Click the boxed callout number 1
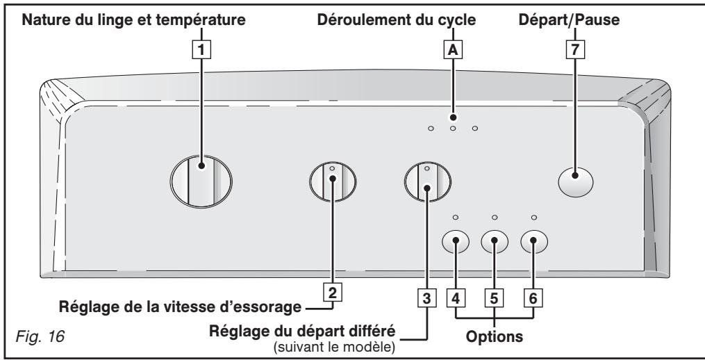(x=201, y=50)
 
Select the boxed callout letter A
(x=453, y=50)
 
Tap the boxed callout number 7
(x=575, y=50)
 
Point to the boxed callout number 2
(x=332, y=293)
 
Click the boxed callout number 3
(x=426, y=298)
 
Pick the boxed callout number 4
(x=456, y=298)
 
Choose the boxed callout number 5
(x=494, y=298)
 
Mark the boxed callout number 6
(x=533, y=298)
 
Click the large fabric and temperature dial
(x=201, y=181)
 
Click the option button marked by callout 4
(x=456, y=242)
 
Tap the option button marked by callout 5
(x=495, y=242)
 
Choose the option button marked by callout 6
(x=534, y=242)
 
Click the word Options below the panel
(x=494, y=336)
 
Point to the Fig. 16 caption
(x=40, y=336)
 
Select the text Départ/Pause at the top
(x=569, y=19)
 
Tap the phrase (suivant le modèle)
(x=335, y=348)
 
